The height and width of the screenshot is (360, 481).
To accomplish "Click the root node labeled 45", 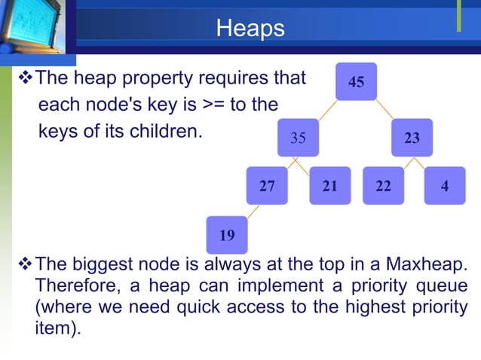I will click(x=357, y=81).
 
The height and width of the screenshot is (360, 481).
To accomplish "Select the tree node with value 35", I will click(x=298, y=138).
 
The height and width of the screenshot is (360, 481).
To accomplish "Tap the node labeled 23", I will click(x=412, y=138).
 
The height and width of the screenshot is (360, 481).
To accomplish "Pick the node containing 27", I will click(x=267, y=185).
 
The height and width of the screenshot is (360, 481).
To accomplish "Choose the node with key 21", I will click(x=329, y=185).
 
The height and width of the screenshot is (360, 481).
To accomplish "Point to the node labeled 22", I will click(x=384, y=185).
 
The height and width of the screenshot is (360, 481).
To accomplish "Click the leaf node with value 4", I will click(x=445, y=185).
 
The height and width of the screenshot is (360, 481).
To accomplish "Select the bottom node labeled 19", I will click(x=226, y=235).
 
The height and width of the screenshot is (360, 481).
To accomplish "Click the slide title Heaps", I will click(x=250, y=29).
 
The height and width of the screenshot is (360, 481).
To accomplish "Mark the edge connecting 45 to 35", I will click(x=326, y=110).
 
